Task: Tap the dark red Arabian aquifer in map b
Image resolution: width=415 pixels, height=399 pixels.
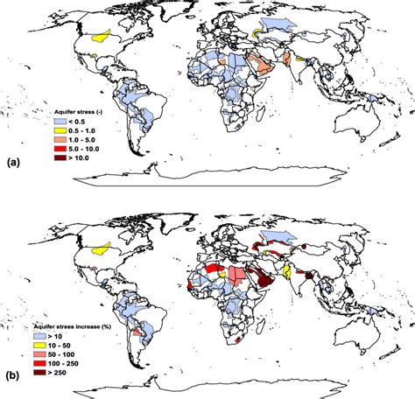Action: tap(262, 282)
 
